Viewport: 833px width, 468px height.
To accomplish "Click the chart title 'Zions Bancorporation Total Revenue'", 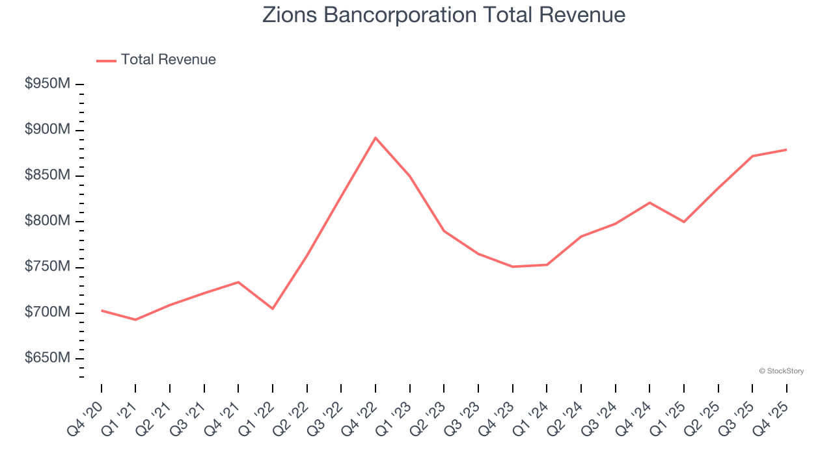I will (x=444, y=15).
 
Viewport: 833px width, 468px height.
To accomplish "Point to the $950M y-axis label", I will (x=48, y=84).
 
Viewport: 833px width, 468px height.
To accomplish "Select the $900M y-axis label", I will (x=48, y=130).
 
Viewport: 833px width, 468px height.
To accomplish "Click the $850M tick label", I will (x=48, y=175).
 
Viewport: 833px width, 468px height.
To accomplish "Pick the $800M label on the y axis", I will (x=48, y=221).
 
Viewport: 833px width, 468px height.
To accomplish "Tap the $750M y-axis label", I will (x=48, y=267).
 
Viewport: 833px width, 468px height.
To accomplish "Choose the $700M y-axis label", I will (x=48, y=313).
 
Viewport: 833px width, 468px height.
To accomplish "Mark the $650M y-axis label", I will (x=48, y=358).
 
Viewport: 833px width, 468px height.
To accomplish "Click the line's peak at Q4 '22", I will (x=376, y=138).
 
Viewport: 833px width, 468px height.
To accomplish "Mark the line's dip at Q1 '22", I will (x=273, y=308).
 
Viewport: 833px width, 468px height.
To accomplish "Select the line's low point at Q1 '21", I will (x=135, y=320).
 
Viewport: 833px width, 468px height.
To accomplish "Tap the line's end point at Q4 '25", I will (x=786, y=149).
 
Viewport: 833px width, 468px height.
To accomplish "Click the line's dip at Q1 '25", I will (x=684, y=222).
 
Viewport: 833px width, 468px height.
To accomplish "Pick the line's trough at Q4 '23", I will (x=513, y=266).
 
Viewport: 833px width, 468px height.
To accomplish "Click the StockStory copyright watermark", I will (x=781, y=371).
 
